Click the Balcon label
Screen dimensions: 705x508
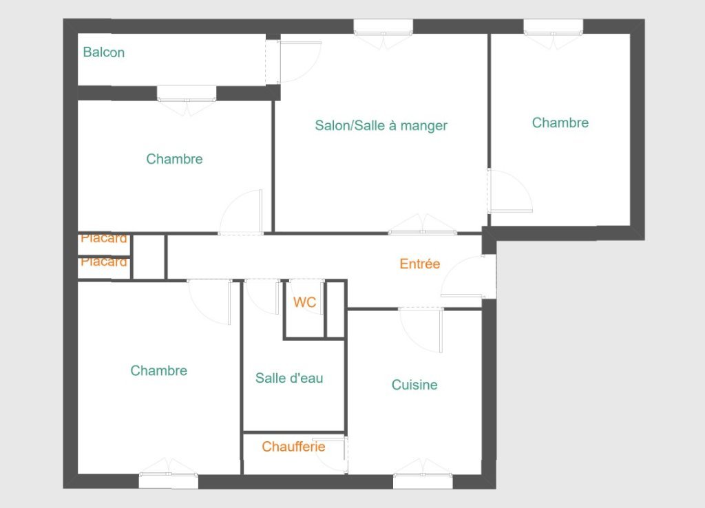[x=104, y=52]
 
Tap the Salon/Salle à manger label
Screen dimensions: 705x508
[x=381, y=125]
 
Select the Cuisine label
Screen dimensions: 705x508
[x=414, y=385]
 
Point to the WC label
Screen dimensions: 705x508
[x=305, y=302]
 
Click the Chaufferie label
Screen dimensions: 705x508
[x=293, y=447]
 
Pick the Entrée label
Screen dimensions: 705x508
[x=420, y=264]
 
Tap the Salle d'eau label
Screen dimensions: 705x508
[x=289, y=378]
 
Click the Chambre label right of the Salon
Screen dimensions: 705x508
[x=560, y=123]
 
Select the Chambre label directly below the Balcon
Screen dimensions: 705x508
[x=174, y=159]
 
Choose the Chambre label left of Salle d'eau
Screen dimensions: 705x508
[x=159, y=370]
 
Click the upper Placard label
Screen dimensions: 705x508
[x=104, y=237]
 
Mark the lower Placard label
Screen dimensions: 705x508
[x=104, y=261]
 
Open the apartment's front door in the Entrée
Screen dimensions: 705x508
[x=468, y=277]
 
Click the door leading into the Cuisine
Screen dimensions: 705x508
[x=421, y=330]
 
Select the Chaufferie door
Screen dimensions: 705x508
[x=330, y=455]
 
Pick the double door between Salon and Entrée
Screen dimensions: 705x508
[x=423, y=224]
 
